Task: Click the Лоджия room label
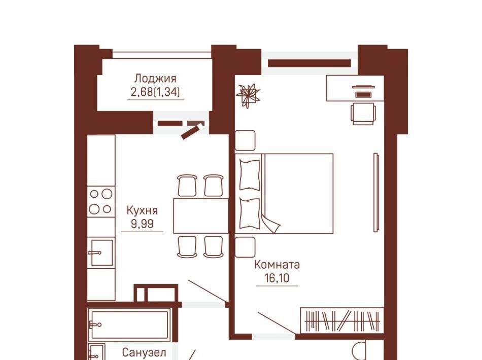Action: pyautogui.click(x=155, y=78)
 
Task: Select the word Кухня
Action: pyautogui.click(x=142, y=210)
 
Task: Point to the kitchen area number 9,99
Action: pyautogui.click(x=142, y=224)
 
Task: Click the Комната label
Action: pyautogui.click(x=277, y=265)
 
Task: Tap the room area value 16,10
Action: pyautogui.click(x=277, y=278)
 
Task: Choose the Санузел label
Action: pyautogui.click(x=144, y=352)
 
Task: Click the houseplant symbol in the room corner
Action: pyautogui.click(x=248, y=95)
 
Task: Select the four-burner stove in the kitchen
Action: pyautogui.click(x=101, y=201)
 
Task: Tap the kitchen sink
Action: pyautogui.click(x=101, y=253)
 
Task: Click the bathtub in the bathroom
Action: pyautogui.click(x=129, y=325)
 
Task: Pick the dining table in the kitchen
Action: pyautogui.click(x=201, y=215)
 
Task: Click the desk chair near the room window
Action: pyautogui.click(x=363, y=114)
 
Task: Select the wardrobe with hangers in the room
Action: pyautogui.click(x=342, y=320)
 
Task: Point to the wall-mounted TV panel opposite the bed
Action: pyautogui.click(x=376, y=193)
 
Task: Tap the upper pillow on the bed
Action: pyautogui.click(x=249, y=174)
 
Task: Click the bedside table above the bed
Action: pyautogui.click(x=245, y=140)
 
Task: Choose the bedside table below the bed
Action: pyautogui.click(x=245, y=247)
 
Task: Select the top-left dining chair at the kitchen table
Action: pyautogui.click(x=187, y=185)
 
